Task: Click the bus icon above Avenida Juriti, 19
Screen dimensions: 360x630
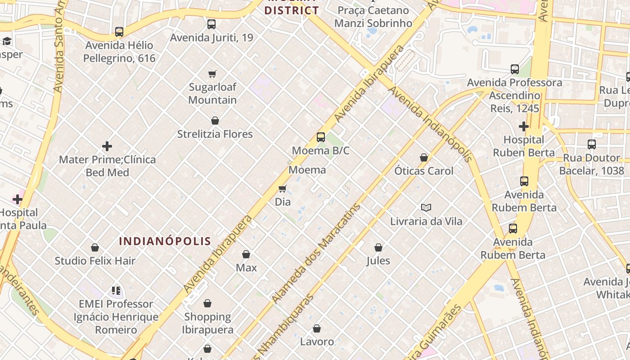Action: tap(211, 24)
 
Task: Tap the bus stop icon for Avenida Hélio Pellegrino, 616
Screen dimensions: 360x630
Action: tap(119, 32)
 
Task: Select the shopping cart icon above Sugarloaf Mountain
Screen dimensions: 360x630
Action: tap(212, 74)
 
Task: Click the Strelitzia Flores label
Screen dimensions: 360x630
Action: tap(215, 134)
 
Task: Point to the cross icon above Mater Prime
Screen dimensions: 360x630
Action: tap(107, 146)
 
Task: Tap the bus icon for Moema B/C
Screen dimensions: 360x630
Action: tap(321, 137)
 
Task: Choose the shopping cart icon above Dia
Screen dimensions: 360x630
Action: tap(283, 189)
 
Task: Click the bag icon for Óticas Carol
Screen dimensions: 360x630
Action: tap(423, 157)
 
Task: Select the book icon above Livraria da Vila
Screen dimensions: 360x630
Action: tap(426, 208)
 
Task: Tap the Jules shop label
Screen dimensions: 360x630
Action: tap(378, 261)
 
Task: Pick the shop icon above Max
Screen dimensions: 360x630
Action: tap(246, 255)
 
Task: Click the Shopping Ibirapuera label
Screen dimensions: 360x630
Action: tap(207, 323)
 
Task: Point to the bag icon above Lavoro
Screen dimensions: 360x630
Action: tap(317, 328)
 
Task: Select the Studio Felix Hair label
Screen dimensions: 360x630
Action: tap(95, 261)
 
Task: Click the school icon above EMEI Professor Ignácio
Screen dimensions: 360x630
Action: tap(116, 291)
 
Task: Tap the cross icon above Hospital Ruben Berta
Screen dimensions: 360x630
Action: tap(524, 126)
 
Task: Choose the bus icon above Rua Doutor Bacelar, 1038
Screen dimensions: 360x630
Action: tap(592, 144)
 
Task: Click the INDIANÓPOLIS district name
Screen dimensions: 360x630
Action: tap(165, 241)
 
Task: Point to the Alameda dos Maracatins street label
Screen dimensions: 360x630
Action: tap(316, 253)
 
